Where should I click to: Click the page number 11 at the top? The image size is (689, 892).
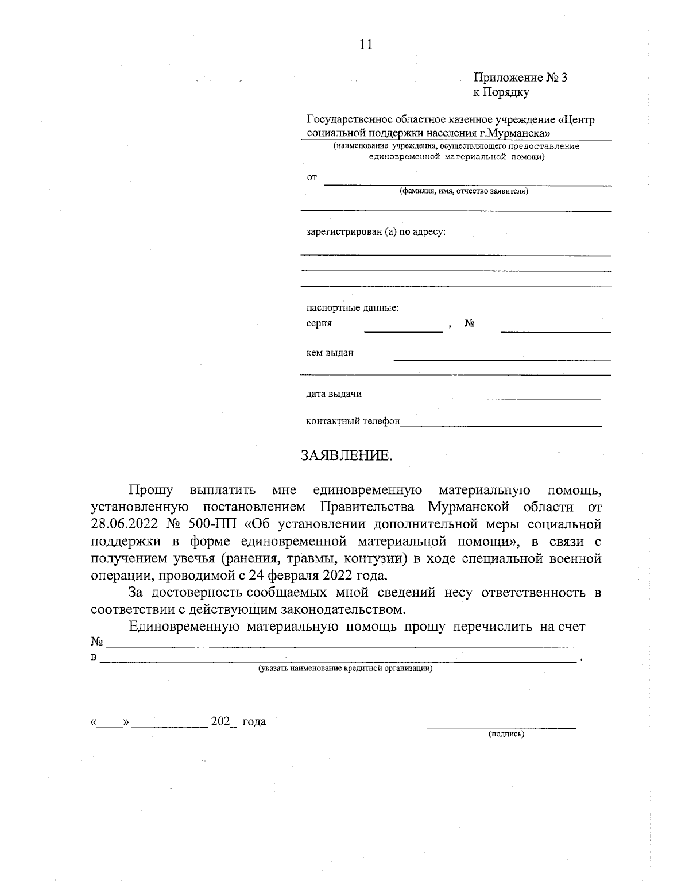coord(366,45)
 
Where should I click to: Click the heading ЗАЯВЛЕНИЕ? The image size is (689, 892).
coord(347,456)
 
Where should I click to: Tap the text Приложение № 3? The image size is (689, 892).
coord(520,78)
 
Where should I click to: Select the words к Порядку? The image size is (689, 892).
coord(501,92)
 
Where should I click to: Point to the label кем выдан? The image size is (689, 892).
coord(330,353)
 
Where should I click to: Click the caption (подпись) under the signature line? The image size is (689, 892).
coord(506,734)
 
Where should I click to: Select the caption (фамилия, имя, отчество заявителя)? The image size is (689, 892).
coord(464,191)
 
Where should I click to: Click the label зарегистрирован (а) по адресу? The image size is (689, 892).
coord(376,233)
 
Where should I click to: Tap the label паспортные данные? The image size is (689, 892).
coord(353,308)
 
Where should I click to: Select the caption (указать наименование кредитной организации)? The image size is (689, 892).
coord(345,669)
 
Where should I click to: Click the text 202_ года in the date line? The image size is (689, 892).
coord(238,722)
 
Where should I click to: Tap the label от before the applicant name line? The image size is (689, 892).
coord(312,178)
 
